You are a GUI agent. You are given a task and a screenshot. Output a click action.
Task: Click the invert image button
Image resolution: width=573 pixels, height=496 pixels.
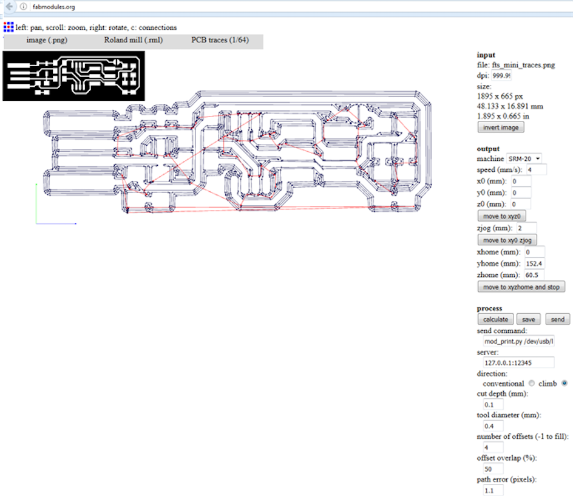[x=501, y=127]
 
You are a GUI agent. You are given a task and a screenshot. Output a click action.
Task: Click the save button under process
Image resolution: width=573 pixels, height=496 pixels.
[x=529, y=319]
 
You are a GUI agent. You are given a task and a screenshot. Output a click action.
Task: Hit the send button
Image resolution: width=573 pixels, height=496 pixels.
[x=558, y=319]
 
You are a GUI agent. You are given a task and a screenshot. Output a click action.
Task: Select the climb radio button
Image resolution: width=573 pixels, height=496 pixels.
[x=565, y=383]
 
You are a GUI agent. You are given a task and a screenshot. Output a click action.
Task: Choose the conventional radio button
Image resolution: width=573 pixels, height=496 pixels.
[x=531, y=383]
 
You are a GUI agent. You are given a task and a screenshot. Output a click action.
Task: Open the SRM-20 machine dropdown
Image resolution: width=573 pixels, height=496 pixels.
[x=524, y=158]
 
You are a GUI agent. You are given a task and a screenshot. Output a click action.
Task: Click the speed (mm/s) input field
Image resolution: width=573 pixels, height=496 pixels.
[x=537, y=169]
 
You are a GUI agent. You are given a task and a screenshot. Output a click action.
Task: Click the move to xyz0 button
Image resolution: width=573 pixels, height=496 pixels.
[x=502, y=216]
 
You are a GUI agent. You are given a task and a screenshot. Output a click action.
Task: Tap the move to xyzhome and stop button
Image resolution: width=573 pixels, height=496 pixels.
[x=521, y=287]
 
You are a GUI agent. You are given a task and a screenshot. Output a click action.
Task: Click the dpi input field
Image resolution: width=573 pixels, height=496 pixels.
[x=501, y=75]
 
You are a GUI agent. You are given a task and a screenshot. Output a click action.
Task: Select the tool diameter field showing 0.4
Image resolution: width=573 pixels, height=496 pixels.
[x=493, y=426]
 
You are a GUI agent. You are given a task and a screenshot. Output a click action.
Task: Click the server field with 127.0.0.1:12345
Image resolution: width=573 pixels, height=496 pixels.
[x=518, y=362]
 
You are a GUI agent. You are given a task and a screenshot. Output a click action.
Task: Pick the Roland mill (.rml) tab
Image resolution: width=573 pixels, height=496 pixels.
[x=134, y=40]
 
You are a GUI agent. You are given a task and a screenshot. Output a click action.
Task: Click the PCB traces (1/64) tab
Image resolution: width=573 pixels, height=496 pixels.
[x=220, y=40]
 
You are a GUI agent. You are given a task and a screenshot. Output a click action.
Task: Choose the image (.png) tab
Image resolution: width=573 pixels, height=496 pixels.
[x=47, y=40]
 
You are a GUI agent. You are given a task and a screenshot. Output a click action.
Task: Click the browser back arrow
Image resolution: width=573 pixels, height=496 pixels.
[x=9, y=6]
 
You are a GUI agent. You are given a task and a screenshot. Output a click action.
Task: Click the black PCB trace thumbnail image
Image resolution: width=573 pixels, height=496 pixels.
[x=73, y=76]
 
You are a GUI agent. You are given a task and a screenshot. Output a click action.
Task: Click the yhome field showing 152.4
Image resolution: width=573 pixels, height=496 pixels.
[x=534, y=263]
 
